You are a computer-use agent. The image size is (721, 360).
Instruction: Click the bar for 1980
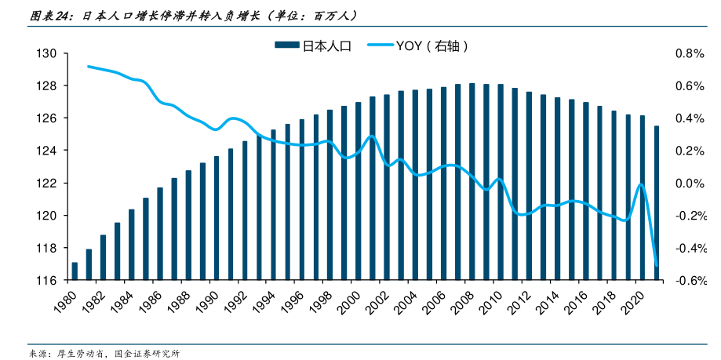(75, 271)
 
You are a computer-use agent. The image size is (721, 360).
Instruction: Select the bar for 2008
(472, 181)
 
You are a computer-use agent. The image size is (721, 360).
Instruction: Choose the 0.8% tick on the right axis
(690, 53)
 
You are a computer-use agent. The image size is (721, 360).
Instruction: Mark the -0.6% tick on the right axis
(688, 280)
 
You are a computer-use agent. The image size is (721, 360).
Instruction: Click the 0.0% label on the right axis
(690, 183)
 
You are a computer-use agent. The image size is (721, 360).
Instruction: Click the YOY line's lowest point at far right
(657, 265)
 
